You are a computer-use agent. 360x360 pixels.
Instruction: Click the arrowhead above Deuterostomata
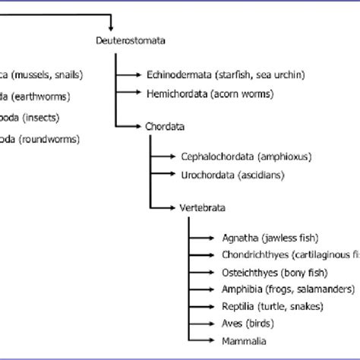(111, 22)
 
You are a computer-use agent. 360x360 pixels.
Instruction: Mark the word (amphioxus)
(284, 156)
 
